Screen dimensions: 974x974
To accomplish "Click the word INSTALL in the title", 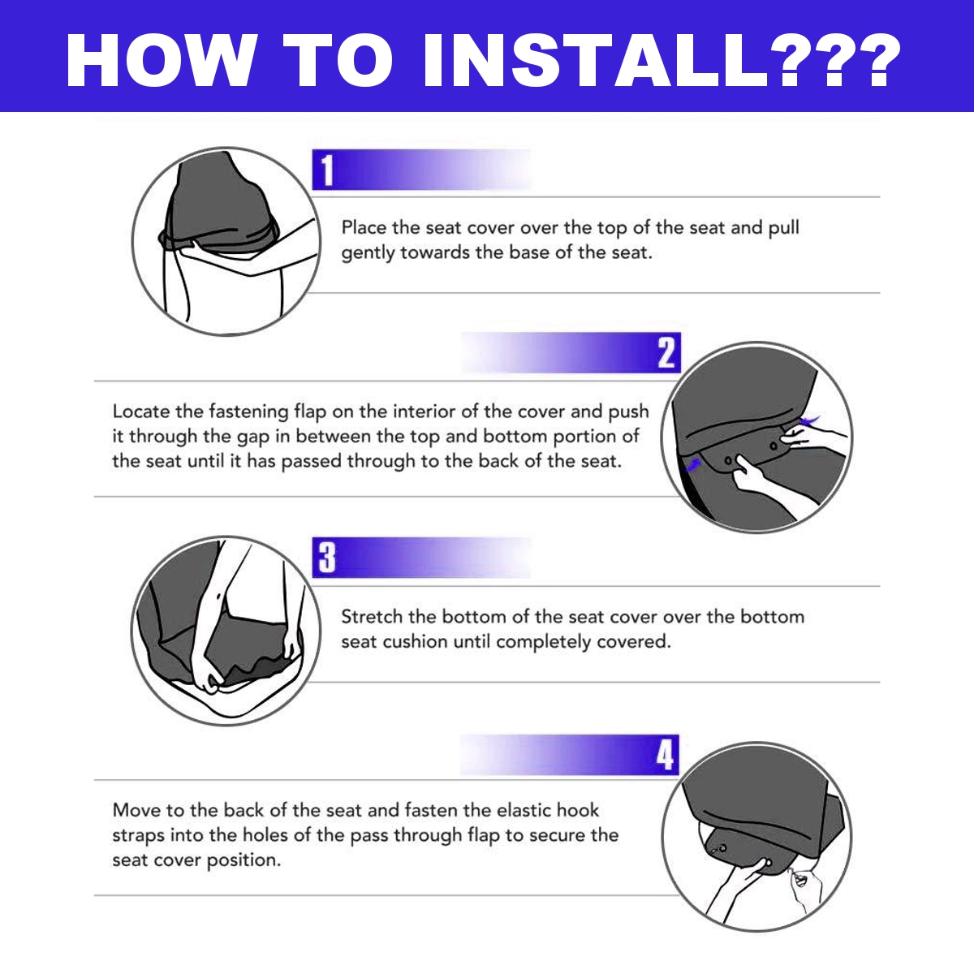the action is [595, 61].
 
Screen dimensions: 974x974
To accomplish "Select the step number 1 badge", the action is [327, 170].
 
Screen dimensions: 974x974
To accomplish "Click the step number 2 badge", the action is [666, 353].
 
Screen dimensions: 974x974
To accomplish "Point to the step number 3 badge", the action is [327, 558].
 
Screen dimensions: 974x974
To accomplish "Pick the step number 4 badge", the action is [665, 755].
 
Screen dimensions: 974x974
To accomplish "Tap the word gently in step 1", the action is [368, 253].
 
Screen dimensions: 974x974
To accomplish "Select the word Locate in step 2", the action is [141, 412].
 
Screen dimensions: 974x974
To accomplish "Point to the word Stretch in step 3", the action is [372, 617].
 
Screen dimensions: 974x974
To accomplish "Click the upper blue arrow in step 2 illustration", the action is [811, 419].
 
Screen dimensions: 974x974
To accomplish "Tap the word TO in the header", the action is [338, 61].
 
